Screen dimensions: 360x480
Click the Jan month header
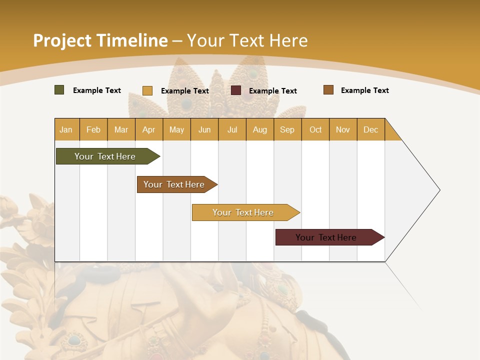coord(66,129)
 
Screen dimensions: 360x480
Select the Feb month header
coord(93,129)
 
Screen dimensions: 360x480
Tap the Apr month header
coord(148,129)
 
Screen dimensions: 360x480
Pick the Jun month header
coord(204,129)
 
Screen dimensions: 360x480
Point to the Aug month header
coord(259,129)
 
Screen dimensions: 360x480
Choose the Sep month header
coord(287,129)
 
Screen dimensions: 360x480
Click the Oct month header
coord(315,129)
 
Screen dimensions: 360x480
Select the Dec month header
coord(370,129)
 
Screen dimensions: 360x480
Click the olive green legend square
coord(59,90)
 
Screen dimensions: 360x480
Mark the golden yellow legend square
coord(147,90)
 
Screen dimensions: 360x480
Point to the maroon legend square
coord(236,90)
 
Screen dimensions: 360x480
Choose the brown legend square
coord(328,90)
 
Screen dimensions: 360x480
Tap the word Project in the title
coord(62,40)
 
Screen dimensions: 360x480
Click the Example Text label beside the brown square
coord(364,90)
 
